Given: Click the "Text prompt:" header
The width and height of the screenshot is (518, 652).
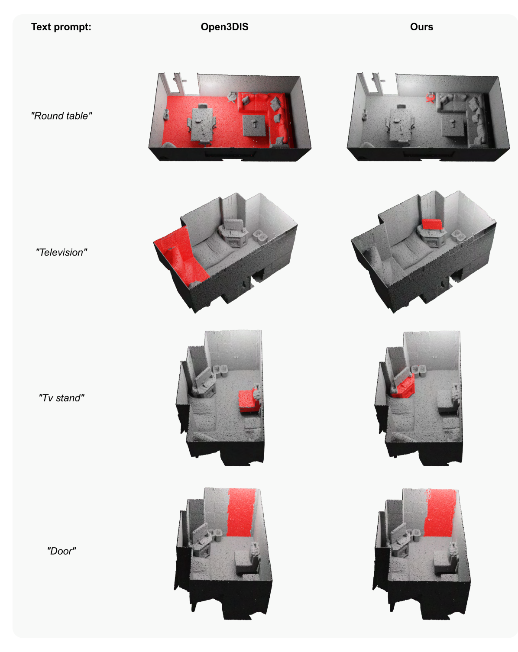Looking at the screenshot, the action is pyautogui.click(x=61, y=27).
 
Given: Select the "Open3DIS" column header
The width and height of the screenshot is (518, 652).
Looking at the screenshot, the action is pyautogui.click(x=224, y=27).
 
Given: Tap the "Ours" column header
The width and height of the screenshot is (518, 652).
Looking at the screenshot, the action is pyautogui.click(x=421, y=27).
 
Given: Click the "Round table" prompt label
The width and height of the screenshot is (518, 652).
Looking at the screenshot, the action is pyautogui.click(x=61, y=116).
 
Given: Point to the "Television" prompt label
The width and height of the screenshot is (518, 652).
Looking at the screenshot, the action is pyautogui.click(x=61, y=252).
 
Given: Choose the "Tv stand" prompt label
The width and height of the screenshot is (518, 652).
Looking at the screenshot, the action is pyautogui.click(x=61, y=397).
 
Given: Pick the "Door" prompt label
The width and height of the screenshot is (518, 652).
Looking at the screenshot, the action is pyautogui.click(x=61, y=551).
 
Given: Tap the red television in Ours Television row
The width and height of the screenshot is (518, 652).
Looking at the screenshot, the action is pyautogui.click(x=432, y=224).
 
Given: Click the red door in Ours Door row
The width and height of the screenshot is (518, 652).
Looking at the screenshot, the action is pyautogui.click(x=440, y=512).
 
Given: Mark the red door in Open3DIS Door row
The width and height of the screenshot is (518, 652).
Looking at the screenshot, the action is pyautogui.click(x=241, y=512).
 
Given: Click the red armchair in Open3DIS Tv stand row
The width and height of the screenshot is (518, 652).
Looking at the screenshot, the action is pyautogui.click(x=249, y=400).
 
